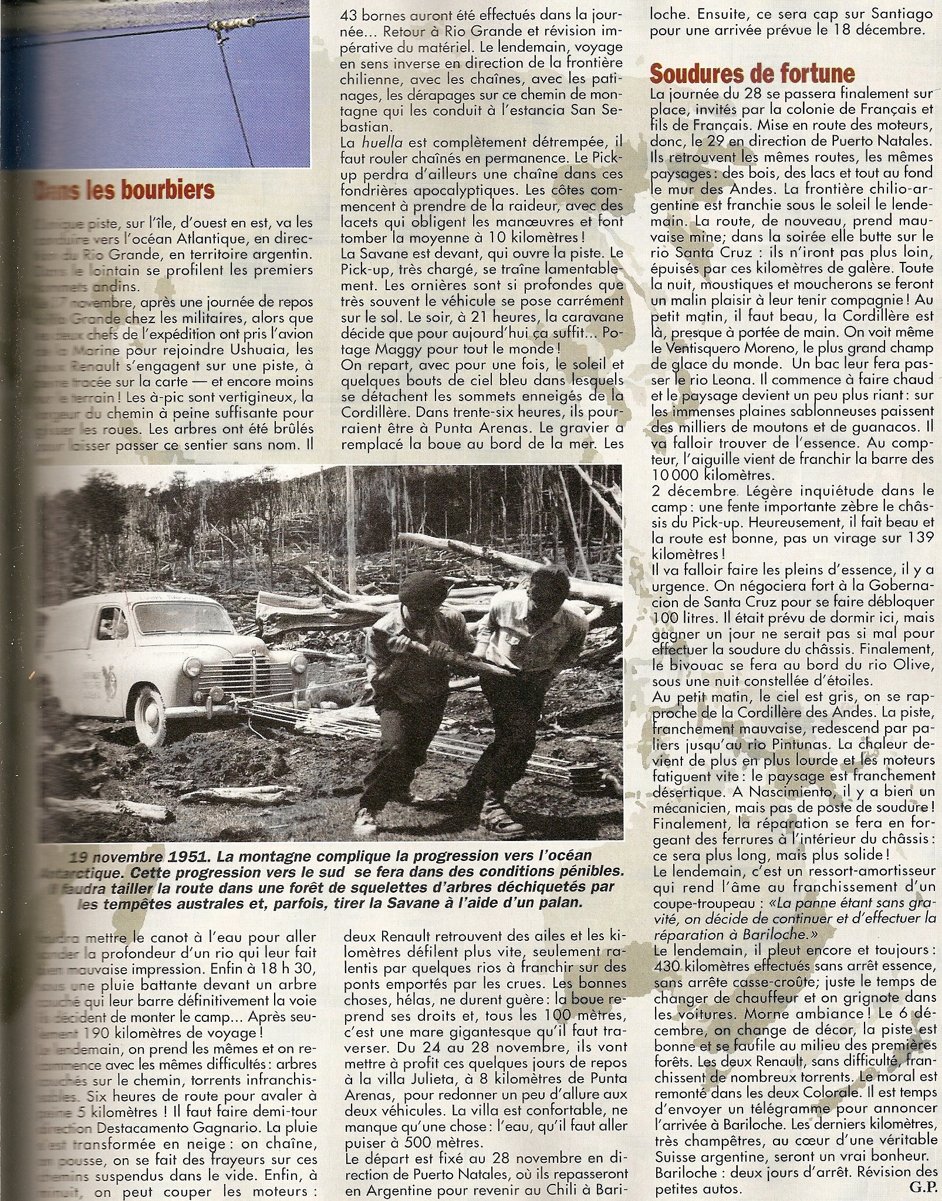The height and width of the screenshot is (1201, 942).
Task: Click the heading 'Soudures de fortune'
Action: coord(751,74)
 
